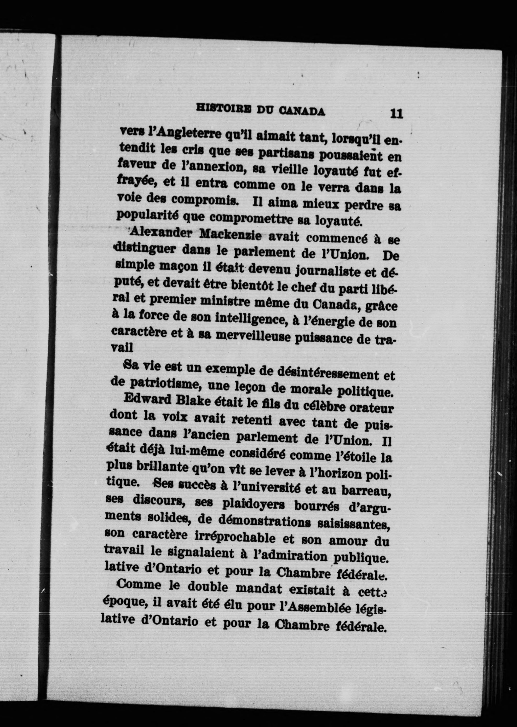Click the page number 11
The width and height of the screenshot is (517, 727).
click(x=396, y=114)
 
